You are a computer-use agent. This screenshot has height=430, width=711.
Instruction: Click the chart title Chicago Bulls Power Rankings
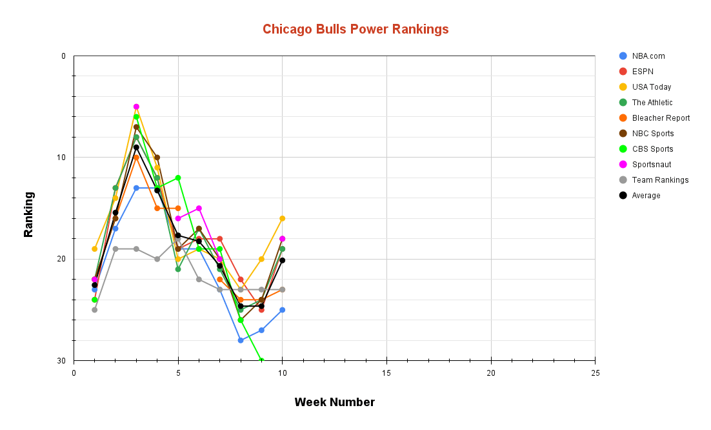point(355,29)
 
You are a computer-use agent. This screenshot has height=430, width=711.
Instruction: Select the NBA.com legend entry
point(648,56)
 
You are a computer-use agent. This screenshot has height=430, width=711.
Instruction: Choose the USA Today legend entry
point(651,87)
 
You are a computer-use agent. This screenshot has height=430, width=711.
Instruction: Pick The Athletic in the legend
point(652,103)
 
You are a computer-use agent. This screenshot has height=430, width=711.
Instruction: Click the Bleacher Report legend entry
point(661,118)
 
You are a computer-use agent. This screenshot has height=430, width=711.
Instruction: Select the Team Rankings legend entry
point(660,180)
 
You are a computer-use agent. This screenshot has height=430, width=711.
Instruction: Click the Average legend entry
point(646,196)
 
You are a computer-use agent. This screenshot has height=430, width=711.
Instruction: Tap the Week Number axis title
point(334,402)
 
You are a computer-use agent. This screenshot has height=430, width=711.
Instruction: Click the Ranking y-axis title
point(28,214)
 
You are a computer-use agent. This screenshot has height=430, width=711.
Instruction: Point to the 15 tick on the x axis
point(386,373)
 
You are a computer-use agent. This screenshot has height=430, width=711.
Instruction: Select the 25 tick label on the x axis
point(595,373)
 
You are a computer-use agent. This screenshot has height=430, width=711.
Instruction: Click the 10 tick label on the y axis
point(62,158)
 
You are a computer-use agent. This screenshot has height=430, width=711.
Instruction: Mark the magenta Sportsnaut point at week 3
point(136,107)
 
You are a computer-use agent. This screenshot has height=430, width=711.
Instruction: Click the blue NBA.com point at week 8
point(241,340)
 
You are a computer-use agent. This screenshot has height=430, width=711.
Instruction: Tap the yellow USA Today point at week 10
point(282,218)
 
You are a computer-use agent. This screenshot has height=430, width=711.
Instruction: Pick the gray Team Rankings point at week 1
point(95,310)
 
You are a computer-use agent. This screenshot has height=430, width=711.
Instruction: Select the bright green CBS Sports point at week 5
point(178,178)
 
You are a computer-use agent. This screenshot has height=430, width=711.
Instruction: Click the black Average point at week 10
point(282,260)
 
